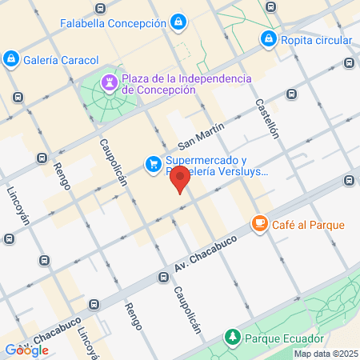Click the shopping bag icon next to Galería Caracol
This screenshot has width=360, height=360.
point(11,58)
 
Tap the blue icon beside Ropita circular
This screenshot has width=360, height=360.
point(270,40)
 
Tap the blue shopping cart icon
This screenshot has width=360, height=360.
point(152,164)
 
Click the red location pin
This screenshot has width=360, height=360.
point(182,180)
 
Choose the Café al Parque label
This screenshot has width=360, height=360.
point(309,225)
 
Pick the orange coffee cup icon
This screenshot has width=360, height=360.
point(259,224)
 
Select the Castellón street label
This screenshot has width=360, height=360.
point(267,118)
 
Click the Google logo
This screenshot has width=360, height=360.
point(26,350)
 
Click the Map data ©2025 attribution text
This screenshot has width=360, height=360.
point(325,354)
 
